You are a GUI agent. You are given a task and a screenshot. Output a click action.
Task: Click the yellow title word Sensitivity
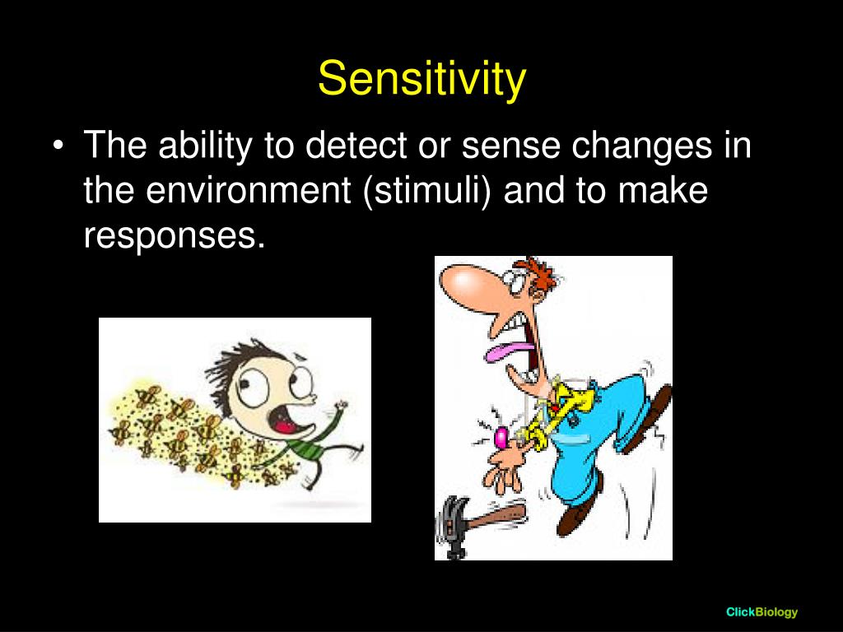pyautogui.click(x=421, y=80)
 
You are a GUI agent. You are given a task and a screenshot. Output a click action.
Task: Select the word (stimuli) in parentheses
pyautogui.click(x=427, y=191)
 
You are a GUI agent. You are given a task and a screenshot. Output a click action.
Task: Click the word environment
pyautogui.click(x=249, y=191)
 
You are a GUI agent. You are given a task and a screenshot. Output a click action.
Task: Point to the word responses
pyautogui.click(x=175, y=236)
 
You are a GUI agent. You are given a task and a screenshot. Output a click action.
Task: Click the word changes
pyautogui.click(x=640, y=146)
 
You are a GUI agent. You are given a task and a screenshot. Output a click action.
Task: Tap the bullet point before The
pyautogui.click(x=58, y=146)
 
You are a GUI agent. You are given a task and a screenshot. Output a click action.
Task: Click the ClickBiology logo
pyautogui.click(x=761, y=611)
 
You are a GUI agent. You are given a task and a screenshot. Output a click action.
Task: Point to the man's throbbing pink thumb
pyautogui.click(x=501, y=436)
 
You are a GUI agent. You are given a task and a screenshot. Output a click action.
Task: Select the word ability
pyautogui.click(x=205, y=146)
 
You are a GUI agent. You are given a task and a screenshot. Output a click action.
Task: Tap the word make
pyautogui.click(x=663, y=190)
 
